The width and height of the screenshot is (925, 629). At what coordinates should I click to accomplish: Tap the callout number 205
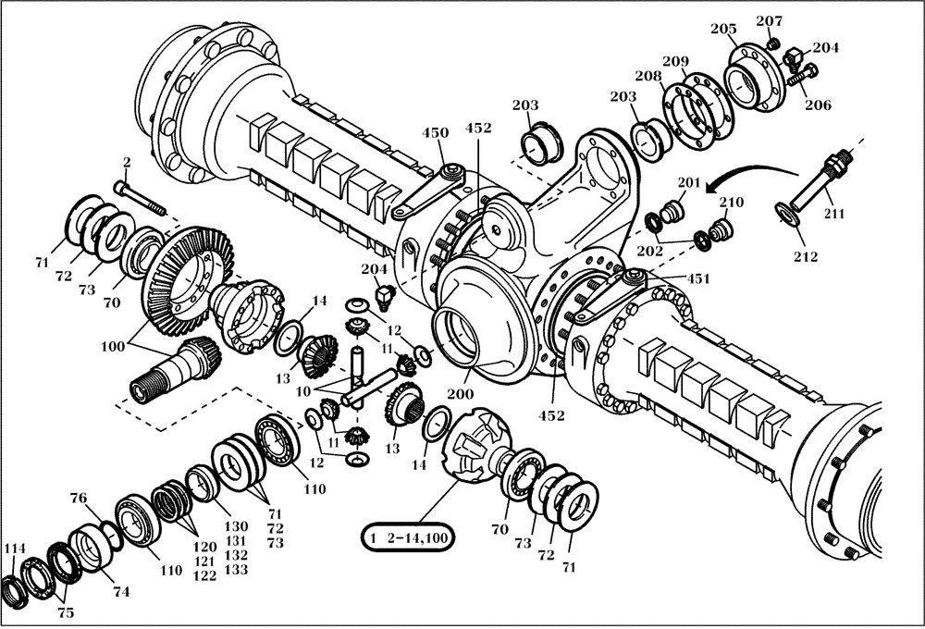[723, 29]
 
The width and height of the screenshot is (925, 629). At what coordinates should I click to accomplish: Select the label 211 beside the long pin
[834, 216]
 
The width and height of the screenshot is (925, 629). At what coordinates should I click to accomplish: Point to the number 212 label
[806, 256]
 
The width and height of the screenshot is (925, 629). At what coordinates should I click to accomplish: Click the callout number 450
[436, 133]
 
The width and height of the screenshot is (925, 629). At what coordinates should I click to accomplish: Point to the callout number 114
[14, 549]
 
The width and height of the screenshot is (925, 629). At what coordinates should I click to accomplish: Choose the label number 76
[80, 499]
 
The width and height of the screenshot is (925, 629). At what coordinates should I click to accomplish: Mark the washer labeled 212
[787, 215]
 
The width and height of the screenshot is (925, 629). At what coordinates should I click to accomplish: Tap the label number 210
[732, 203]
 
